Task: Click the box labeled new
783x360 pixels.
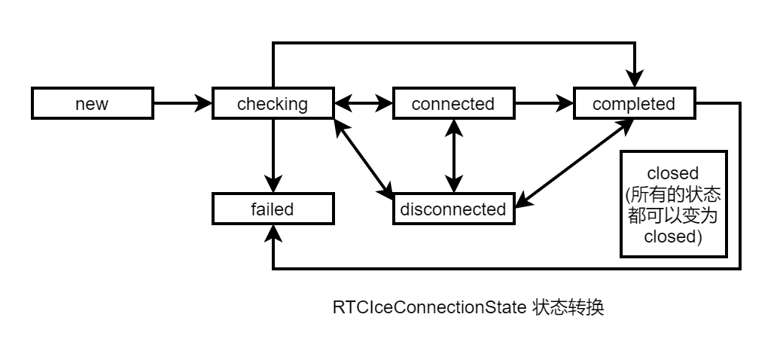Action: click(x=92, y=104)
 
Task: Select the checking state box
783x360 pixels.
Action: click(x=273, y=104)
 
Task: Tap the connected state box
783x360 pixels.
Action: click(x=453, y=104)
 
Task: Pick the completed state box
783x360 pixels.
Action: click(x=634, y=104)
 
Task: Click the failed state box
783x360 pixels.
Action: click(x=273, y=209)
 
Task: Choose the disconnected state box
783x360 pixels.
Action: click(x=453, y=209)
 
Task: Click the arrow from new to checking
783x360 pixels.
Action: click(x=181, y=104)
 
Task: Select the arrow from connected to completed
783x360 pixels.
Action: click(x=543, y=104)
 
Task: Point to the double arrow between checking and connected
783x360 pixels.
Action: click(x=363, y=104)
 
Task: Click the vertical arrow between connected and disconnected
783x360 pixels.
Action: click(x=453, y=156)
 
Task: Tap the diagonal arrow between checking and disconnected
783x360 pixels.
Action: click(x=364, y=157)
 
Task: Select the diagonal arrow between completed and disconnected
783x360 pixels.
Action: click(x=574, y=162)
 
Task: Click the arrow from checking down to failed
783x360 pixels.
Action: click(x=273, y=154)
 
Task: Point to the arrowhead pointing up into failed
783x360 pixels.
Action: click(x=273, y=233)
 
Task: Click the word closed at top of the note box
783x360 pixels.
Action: click(x=673, y=173)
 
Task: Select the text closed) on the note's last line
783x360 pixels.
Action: click(x=673, y=236)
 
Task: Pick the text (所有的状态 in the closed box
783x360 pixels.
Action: click(x=673, y=194)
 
